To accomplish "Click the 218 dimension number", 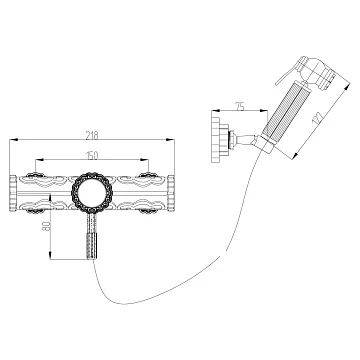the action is click(x=92, y=135).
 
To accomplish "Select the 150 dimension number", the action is click(x=92, y=155).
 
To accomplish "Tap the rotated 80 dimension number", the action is click(x=47, y=227).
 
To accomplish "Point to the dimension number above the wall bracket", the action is click(x=240, y=107).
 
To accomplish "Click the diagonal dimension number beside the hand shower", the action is click(x=317, y=118).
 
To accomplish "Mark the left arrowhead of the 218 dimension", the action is click(x=13, y=139).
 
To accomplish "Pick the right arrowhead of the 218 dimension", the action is click(x=171, y=139).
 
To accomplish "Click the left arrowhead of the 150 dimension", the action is click(x=39, y=160).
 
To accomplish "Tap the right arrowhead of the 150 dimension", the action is click(x=145, y=160).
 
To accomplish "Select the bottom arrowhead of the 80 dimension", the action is click(x=50, y=256).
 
